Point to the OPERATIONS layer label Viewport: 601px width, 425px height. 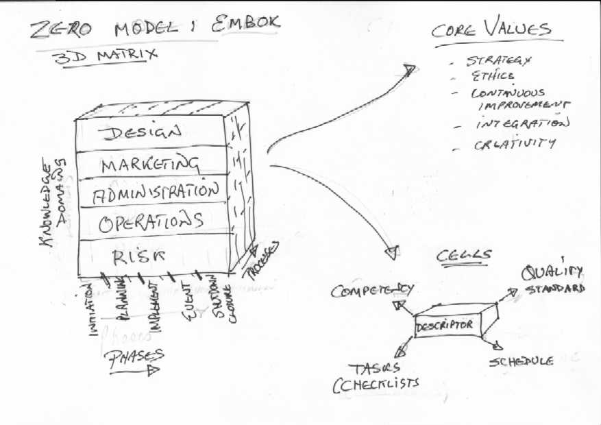coord(151,223)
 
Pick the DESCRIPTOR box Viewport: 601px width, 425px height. coord(445,324)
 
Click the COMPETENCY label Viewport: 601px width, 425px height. coord(372,291)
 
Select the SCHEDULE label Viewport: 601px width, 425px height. coord(522,361)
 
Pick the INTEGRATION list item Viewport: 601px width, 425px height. coord(522,125)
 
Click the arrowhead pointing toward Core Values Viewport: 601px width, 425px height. coord(408,69)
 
